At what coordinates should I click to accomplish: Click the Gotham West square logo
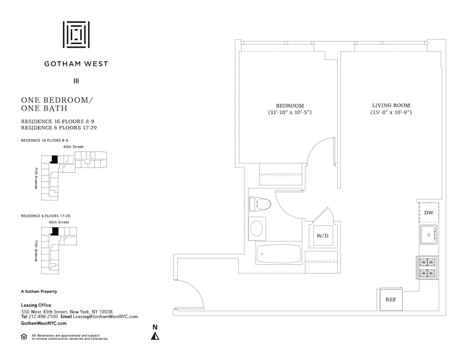tap(76, 35)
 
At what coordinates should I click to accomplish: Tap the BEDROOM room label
tap(290, 106)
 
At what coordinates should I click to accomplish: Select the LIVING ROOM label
tap(391, 106)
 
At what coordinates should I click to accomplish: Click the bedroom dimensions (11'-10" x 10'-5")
tap(290, 113)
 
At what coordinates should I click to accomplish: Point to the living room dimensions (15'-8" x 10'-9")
tap(391, 113)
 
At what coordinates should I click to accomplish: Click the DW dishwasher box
tap(429, 212)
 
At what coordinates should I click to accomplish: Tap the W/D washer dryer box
tap(323, 236)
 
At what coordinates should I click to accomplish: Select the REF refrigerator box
tap(390, 299)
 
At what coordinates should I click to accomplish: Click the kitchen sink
tap(428, 234)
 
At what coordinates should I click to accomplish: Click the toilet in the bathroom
tap(260, 204)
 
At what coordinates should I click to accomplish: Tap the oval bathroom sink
tap(257, 228)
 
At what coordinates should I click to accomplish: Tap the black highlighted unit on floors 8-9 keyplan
tap(54, 159)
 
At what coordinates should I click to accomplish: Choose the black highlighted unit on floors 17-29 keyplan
tap(55, 231)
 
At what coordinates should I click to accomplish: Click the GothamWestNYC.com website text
tap(44, 323)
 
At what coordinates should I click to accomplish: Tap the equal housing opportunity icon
tap(24, 336)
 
